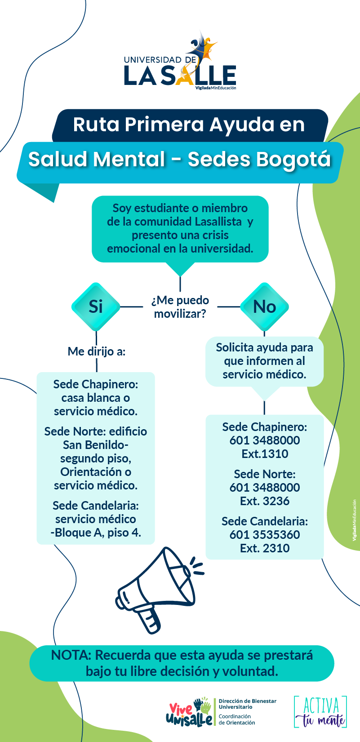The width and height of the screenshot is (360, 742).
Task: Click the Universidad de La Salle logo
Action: click(180, 61)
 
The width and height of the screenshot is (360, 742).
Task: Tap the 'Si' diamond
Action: click(96, 307)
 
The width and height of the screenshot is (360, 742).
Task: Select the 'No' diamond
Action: click(264, 307)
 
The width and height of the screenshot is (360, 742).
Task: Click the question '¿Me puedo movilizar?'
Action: click(180, 307)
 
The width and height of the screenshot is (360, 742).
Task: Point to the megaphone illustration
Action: click(159, 590)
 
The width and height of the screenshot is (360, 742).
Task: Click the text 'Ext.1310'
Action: click(265, 454)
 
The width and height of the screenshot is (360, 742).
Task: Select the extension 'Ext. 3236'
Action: click(265, 501)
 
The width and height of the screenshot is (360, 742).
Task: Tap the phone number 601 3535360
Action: click(265, 535)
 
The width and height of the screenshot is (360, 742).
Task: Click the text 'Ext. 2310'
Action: click(265, 548)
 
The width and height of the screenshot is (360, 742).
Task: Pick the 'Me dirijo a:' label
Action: click(96, 351)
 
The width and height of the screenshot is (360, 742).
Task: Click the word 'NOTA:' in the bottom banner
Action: click(71, 655)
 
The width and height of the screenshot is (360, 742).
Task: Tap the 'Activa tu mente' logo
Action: click(320, 712)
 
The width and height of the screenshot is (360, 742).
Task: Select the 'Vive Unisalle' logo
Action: click(189, 712)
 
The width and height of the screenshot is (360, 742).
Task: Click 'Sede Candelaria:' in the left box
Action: click(96, 506)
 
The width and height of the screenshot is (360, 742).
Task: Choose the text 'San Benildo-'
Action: click(96, 445)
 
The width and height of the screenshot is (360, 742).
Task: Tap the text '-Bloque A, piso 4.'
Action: click(96, 533)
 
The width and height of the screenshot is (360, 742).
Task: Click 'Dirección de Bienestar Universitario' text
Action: click(247, 704)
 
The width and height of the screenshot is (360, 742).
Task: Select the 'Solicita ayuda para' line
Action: click(265, 347)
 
